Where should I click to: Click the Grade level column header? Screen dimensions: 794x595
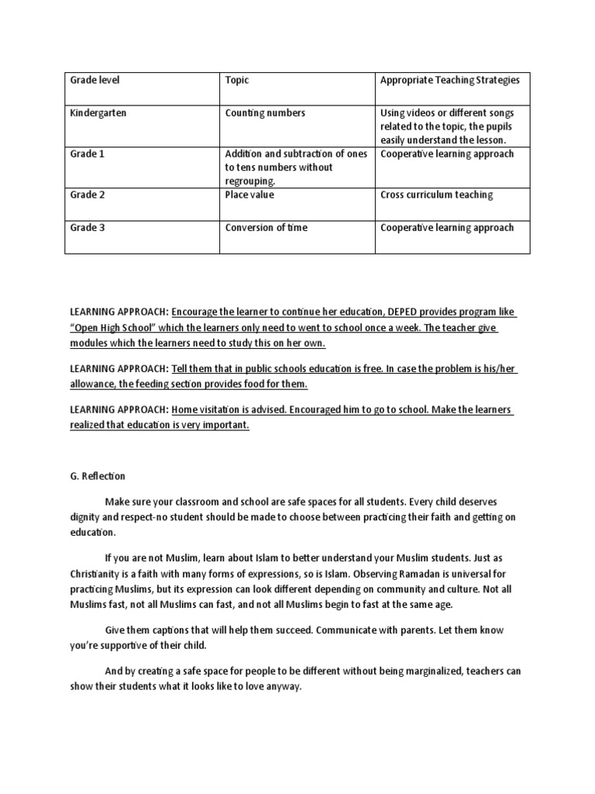pos(95,80)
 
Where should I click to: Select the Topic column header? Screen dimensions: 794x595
pos(237,80)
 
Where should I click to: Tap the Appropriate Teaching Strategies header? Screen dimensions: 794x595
pos(449,80)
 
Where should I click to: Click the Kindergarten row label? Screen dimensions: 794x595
pos(98,113)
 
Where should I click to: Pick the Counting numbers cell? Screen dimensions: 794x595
pos(265,113)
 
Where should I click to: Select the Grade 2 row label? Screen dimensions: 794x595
pos(88,195)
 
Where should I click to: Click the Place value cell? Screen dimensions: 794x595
pos(249,195)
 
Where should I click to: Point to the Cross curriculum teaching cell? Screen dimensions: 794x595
pos(437,195)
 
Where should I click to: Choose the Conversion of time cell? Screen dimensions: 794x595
pos(266,228)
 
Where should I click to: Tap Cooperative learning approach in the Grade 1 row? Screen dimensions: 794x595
pos(447,154)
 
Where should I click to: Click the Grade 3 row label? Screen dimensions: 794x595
pos(88,228)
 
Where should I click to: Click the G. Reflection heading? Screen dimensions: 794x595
pos(98,476)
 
